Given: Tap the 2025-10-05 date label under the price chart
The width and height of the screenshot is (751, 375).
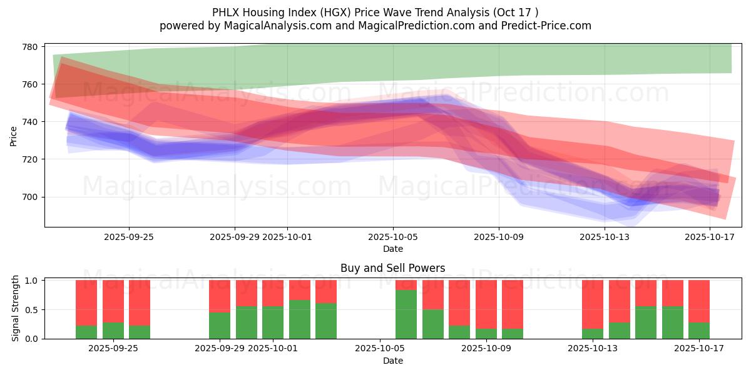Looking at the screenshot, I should pos(393,237).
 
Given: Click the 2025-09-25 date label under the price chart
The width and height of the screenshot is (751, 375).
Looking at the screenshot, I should pos(129,237).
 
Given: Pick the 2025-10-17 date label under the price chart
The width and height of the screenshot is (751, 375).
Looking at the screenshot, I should pos(710,237).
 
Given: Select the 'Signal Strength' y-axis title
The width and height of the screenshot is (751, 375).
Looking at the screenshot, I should pos(16,309).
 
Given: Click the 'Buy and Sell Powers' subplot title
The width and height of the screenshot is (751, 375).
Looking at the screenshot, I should pos(393,268).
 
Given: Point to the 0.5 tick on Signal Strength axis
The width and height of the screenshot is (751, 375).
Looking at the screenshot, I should pos(32,309).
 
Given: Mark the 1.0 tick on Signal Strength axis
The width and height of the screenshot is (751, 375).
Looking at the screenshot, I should pos(32,280).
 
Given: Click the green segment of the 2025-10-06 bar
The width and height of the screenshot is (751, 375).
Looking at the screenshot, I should pos(406,314).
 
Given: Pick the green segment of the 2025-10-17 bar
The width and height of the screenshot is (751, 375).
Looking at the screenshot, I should pos(699,331).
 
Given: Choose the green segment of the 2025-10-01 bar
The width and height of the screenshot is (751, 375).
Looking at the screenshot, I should pos(273,322).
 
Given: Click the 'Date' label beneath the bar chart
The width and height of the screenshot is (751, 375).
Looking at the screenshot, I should pos(393,361).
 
